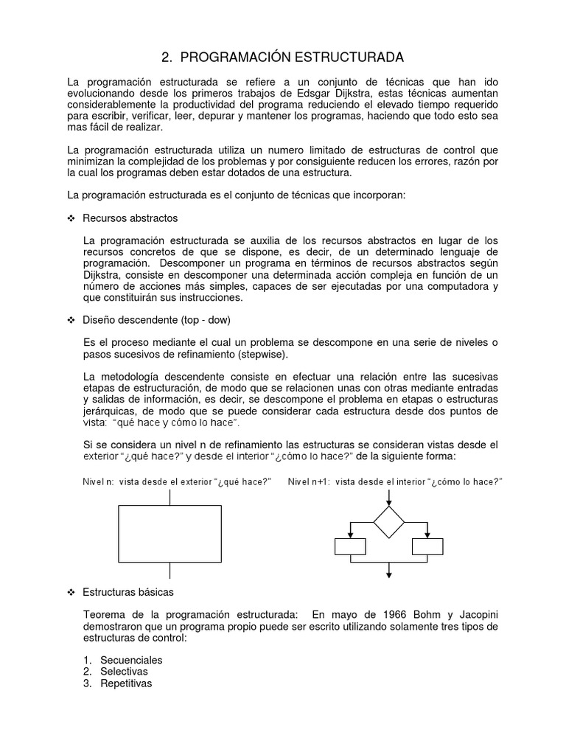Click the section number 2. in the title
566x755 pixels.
[x=167, y=57]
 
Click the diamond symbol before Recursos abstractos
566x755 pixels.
[x=71, y=219]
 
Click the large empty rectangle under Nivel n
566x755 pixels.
[x=170, y=534]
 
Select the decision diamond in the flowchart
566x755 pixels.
[x=388, y=522]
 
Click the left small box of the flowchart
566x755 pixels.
[x=350, y=546]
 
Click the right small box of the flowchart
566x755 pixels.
[x=427, y=546]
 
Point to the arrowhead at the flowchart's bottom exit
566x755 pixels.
[x=388, y=575]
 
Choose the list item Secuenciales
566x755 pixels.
[x=131, y=660]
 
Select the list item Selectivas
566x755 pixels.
[x=124, y=672]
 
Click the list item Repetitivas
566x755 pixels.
[x=126, y=683]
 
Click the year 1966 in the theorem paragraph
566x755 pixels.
[x=381, y=615]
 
